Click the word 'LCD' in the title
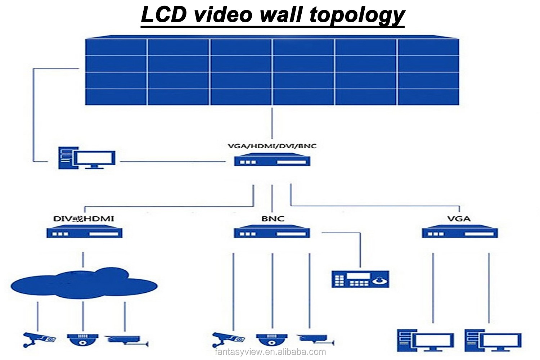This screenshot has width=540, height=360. [x=164, y=14]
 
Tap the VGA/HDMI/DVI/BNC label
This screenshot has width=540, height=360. [x=272, y=146]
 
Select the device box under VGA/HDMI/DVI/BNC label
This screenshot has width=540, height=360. [x=272, y=159]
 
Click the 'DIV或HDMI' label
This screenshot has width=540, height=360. [x=84, y=219]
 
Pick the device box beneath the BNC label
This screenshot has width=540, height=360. [x=272, y=231]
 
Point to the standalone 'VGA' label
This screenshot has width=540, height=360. [x=459, y=219]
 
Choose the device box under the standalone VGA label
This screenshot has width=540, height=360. [x=460, y=231]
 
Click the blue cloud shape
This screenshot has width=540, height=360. [x=84, y=283]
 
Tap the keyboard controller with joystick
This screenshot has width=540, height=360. [x=360, y=279]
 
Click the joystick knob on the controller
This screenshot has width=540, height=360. [x=380, y=280]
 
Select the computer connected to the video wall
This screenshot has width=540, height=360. [x=87, y=158]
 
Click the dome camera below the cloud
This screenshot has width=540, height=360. [x=82, y=340]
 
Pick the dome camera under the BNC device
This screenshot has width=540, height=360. [x=272, y=340]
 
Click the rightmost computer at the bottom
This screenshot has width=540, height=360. [x=493, y=340]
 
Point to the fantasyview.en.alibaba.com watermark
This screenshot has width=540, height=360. [x=270, y=352]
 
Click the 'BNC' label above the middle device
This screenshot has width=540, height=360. [x=273, y=219]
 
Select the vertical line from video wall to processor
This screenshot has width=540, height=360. [x=272, y=123]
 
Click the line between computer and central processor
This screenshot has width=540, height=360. [x=172, y=161]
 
